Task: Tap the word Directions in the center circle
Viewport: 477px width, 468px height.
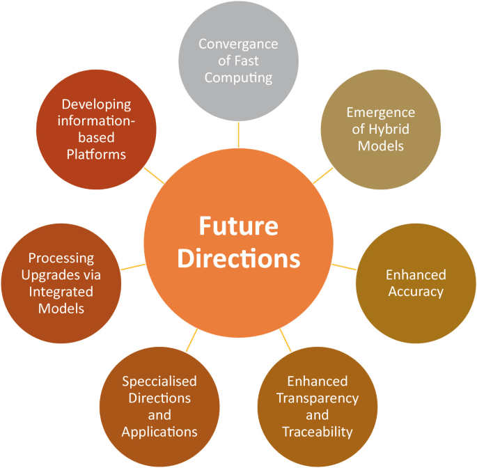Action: pos(238,258)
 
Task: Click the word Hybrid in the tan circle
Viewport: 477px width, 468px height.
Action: pos(391,130)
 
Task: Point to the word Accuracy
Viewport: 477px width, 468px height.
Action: pos(416,291)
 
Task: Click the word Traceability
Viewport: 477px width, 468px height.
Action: pos(317,432)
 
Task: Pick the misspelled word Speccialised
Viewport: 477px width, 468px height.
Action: pos(159,381)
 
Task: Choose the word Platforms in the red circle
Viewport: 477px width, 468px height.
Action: pos(96,155)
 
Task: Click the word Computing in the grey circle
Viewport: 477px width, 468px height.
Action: pos(238,77)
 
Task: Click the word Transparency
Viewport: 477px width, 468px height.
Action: pos(317,398)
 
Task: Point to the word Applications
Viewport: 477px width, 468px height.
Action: pos(159,432)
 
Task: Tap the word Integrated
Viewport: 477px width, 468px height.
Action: pos(62,291)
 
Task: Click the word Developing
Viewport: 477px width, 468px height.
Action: pos(96,104)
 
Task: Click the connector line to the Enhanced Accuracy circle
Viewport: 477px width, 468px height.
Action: pos(343,267)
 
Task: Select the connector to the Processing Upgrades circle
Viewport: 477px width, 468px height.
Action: pos(133,267)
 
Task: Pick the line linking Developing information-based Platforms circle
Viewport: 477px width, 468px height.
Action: pos(154,175)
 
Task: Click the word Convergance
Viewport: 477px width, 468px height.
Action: pos(238,44)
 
